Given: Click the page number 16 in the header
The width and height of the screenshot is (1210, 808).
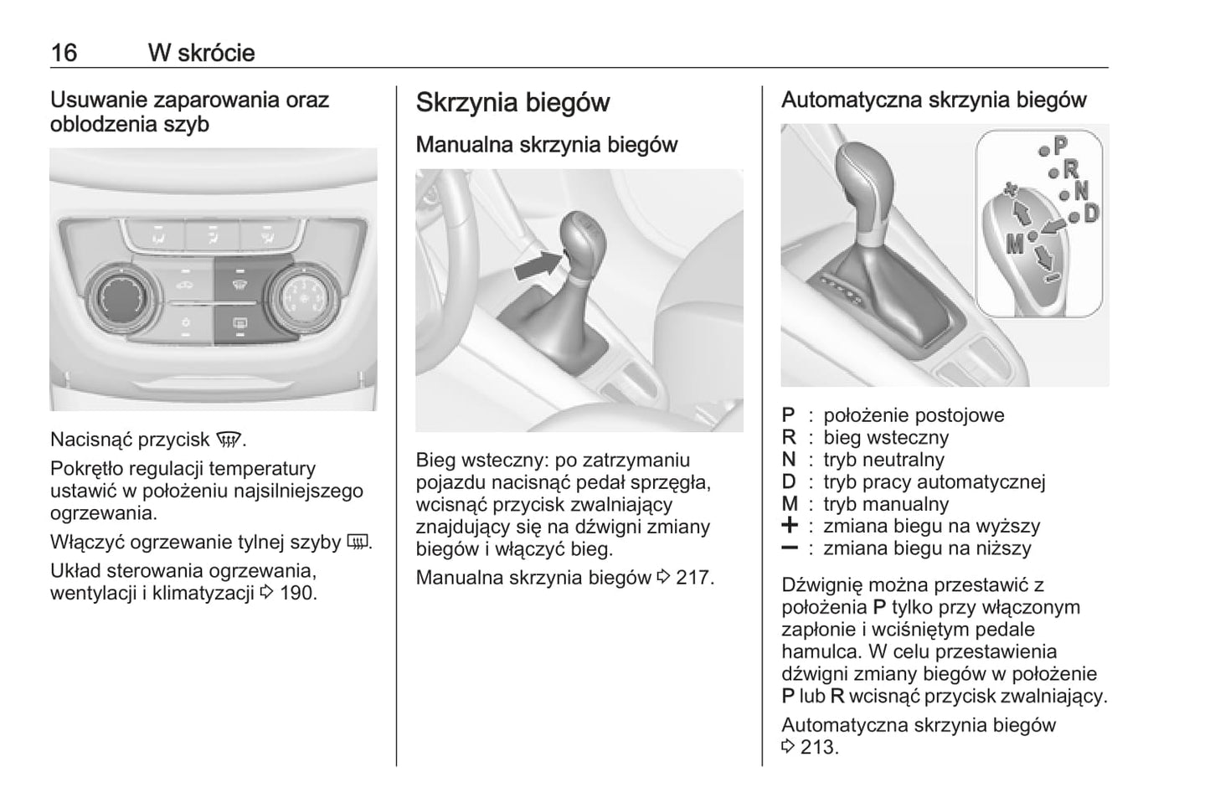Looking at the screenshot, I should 64,53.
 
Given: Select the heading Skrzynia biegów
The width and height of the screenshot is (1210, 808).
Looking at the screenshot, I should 512,103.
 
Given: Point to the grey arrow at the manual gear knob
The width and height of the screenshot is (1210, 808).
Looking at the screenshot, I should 536,265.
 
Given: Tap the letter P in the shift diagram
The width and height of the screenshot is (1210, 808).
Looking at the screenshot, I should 1061,146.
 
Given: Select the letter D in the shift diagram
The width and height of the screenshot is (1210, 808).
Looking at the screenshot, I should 1090,214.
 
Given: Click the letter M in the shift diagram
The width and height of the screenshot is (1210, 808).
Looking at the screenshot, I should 1015,244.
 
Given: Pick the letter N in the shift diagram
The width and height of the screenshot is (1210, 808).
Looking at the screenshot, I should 1080,191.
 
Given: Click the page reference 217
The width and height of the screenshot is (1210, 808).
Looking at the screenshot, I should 694,577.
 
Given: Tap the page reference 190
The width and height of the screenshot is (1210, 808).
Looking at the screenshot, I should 298,594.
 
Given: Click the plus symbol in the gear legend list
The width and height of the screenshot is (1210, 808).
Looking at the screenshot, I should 789,526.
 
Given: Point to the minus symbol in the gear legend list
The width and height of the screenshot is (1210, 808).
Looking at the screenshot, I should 789,548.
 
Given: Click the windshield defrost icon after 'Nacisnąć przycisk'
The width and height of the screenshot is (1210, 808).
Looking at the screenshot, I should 225,440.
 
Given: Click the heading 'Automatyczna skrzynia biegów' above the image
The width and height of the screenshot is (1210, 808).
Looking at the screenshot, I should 934,100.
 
